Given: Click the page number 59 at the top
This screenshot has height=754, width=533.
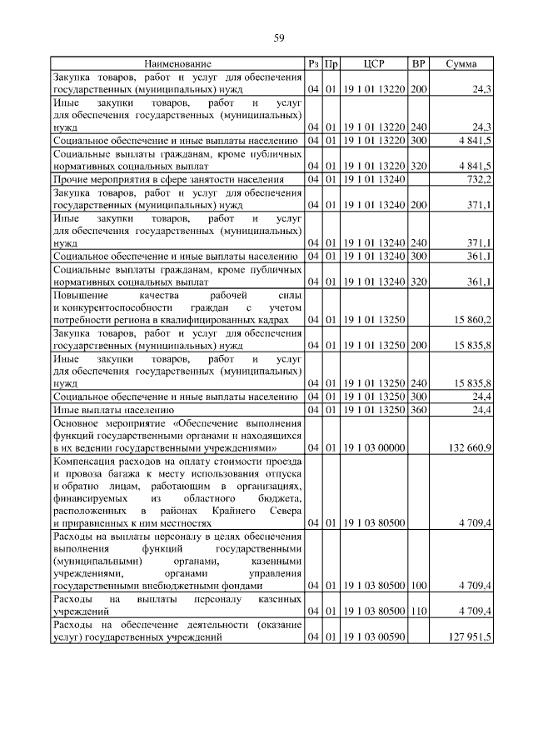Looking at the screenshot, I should [x=280, y=37].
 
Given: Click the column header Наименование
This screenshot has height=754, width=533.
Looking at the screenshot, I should [x=177, y=63].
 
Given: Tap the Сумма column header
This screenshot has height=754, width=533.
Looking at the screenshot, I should [x=461, y=63].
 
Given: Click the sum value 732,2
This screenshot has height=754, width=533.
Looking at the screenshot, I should [x=478, y=178].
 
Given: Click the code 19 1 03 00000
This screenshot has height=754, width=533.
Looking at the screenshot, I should [x=374, y=448].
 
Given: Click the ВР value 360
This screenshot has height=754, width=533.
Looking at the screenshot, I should [x=418, y=410].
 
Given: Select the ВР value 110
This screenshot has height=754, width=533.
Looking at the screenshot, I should [x=418, y=612].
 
